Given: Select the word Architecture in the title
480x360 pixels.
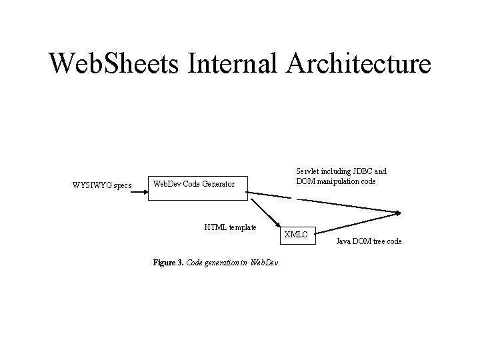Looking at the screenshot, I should click(359, 64).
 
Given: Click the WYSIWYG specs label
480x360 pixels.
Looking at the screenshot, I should click(102, 185).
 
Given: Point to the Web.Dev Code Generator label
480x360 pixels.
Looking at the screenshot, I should click(194, 183).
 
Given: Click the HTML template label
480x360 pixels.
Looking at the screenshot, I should click(230, 227).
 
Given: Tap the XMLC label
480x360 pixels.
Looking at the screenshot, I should click(296, 234).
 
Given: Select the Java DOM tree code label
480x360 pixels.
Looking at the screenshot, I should click(369, 241).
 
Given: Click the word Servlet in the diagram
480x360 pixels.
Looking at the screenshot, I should click(309, 171).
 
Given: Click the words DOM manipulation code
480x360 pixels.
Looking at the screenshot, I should click(337, 181).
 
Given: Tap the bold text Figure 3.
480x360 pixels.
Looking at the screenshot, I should click(167, 263).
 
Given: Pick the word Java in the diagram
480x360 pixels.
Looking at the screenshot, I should click(344, 241).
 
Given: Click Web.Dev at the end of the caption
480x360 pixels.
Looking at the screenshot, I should click(264, 263).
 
